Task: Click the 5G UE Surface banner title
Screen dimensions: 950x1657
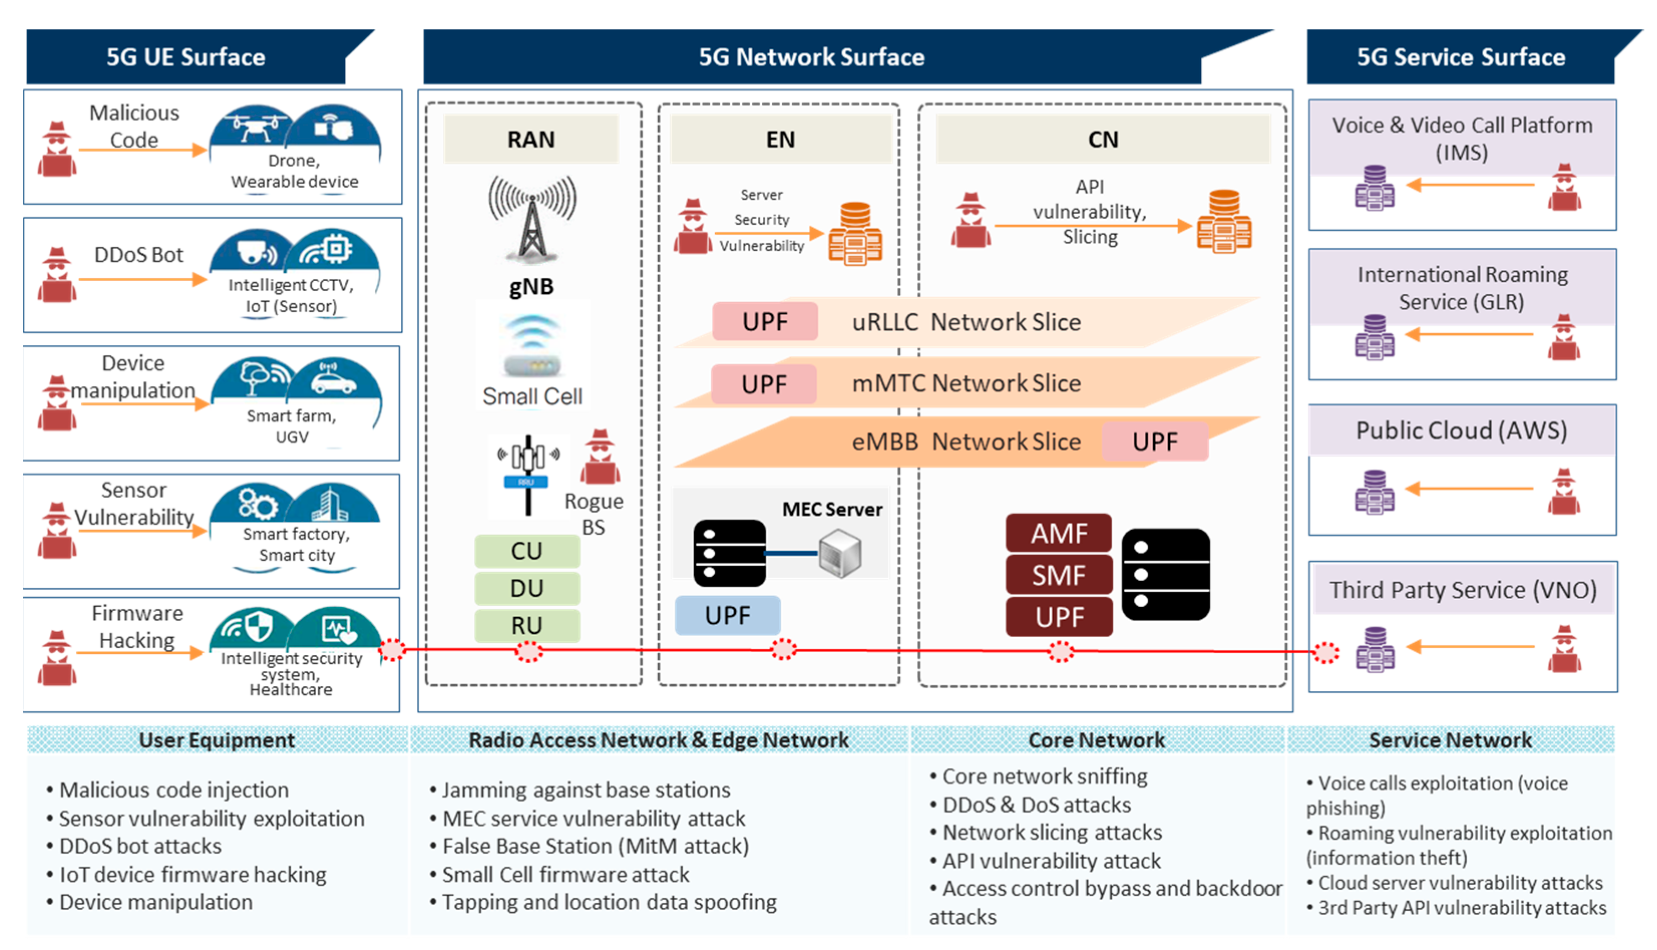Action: pyautogui.click(x=186, y=58)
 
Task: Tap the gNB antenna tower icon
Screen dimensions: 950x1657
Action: pyautogui.click(x=532, y=219)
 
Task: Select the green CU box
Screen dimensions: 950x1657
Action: pyautogui.click(x=526, y=551)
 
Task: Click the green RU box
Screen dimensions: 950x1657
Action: pyautogui.click(x=526, y=626)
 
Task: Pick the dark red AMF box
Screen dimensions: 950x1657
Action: pyautogui.click(x=1059, y=534)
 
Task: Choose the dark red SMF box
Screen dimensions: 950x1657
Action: pyautogui.click(x=1059, y=576)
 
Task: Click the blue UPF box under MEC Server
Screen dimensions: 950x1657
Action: pyautogui.click(x=727, y=615)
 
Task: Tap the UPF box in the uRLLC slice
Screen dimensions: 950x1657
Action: pyautogui.click(x=764, y=322)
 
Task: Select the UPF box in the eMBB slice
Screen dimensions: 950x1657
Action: pyautogui.click(x=1155, y=442)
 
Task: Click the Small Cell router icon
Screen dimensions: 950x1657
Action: pyautogui.click(x=532, y=346)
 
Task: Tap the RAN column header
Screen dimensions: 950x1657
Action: pyautogui.click(x=531, y=140)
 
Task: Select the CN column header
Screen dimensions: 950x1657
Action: pyautogui.click(x=1103, y=140)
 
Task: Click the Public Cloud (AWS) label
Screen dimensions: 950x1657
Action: pyautogui.click(x=1462, y=431)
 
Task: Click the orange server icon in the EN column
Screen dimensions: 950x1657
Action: pyautogui.click(x=855, y=233)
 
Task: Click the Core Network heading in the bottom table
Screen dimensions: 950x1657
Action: pyautogui.click(x=1096, y=740)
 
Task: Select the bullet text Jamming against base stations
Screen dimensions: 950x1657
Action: pyautogui.click(x=586, y=790)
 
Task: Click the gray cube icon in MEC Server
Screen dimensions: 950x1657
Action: pyautogui.click(x=840, y=553)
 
